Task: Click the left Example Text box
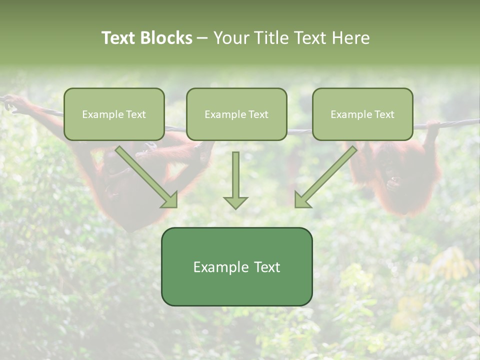(114, 114)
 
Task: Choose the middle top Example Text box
(236, 114)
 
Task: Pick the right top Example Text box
(362, 114)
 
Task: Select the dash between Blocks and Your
(202, 38)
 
